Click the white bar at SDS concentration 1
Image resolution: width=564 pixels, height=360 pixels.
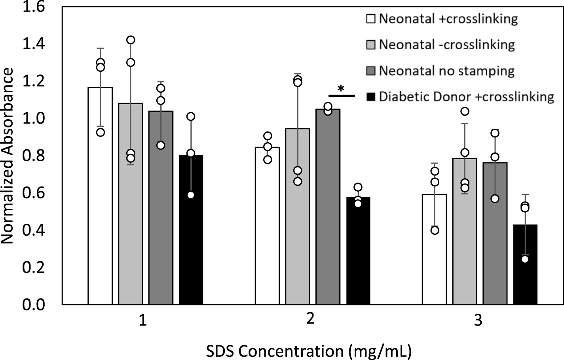coord(100,198)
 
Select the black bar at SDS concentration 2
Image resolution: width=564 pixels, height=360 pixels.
coord(358,253)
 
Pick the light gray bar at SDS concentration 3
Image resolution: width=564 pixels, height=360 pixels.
coord(465,234)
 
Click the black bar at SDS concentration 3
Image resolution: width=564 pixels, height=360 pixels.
coord(525,265)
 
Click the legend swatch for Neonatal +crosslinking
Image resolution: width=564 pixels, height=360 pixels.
coord(371,19)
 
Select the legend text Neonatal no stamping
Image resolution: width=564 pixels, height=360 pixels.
coord(447,71)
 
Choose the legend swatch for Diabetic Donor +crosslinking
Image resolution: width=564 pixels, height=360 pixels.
coord(371,97)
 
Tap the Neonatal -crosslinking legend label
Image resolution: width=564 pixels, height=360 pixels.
coord(447,45)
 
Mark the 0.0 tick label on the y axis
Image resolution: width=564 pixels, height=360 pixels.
coord(34,305)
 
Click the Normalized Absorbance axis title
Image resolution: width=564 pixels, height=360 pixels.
coord(8,156)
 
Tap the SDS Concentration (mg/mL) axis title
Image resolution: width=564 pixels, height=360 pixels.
coord(309,351)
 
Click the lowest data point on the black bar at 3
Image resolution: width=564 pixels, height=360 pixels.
coord(525,259)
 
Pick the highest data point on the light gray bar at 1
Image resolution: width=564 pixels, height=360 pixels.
coord(131,40)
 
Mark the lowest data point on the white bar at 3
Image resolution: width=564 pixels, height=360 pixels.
coord(435,230)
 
